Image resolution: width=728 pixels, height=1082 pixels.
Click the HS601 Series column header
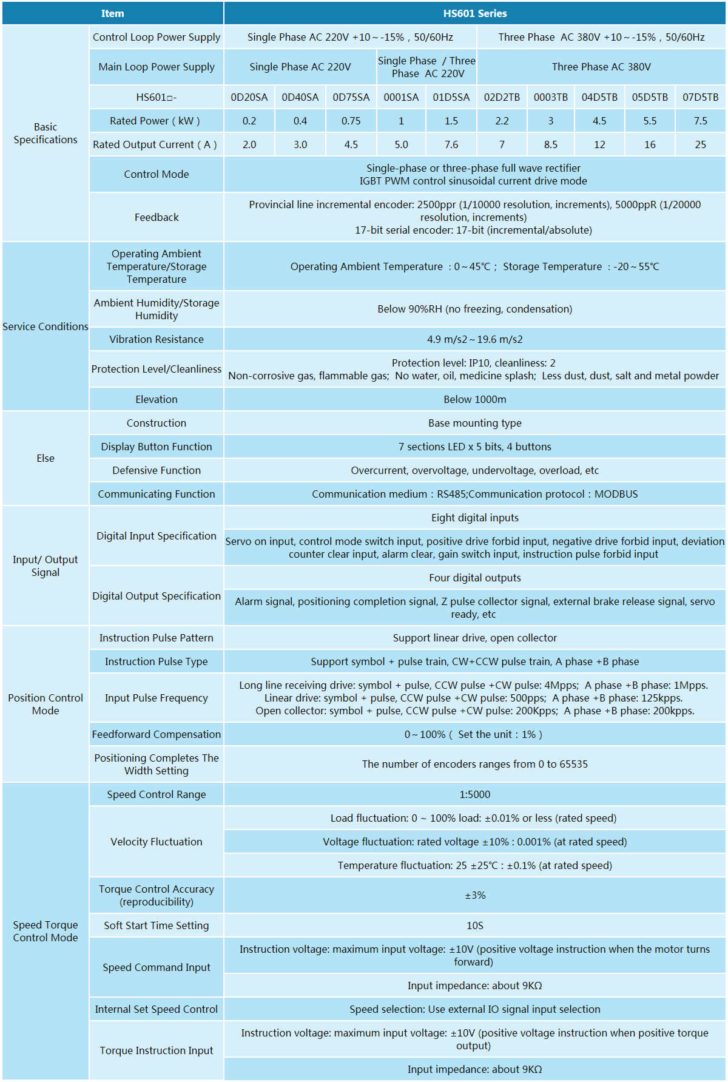pos(474,13)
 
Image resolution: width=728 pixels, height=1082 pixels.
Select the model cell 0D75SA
pos(351,97)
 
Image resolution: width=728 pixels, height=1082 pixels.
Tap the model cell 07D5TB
pos(700,97)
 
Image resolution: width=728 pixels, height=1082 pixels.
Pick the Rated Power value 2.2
pos(502,121)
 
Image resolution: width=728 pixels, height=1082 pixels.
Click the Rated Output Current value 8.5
pos(551,144)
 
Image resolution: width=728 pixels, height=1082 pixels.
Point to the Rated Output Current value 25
pos(700,144)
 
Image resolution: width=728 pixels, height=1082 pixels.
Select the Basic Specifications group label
pos(45,133)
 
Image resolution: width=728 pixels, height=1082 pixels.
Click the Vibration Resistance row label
pos(157,339)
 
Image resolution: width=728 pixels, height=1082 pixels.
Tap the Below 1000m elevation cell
pos(474,399)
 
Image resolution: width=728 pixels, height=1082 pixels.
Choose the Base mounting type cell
pos(474,423)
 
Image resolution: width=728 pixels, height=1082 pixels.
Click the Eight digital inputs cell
pos(474,518)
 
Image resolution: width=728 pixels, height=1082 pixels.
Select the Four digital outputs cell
pos(474,578)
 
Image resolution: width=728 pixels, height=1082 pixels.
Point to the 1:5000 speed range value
pos(474,794)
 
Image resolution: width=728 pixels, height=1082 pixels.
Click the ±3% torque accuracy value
pos(474,895)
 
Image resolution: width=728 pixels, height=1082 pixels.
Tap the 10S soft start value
pos(474,925)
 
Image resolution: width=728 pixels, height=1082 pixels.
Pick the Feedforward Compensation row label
pos(157,734)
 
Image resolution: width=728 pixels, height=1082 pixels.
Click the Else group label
pos(45,458)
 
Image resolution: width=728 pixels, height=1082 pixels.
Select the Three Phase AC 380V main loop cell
pos(601,67)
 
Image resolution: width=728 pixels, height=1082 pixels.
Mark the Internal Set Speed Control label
pos(157,1009)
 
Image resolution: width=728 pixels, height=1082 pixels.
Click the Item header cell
pos(112,13)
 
